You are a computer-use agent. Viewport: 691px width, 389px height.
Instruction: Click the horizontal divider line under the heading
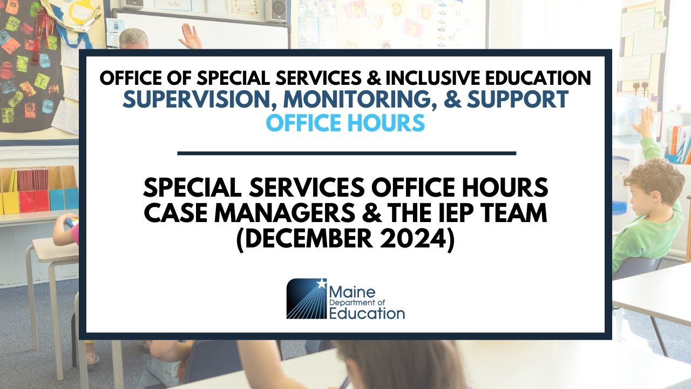pyautogui.click(x=347, y=153)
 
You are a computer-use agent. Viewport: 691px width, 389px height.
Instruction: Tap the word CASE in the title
pyautogui.click(x=176, y=214)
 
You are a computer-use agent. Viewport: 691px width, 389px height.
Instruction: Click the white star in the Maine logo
pyautogui.click(x=322, y=283)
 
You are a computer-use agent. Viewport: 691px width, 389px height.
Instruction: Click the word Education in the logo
pyautogui.click(x=367, y=313)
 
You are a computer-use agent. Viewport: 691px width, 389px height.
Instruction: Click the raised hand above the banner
pyautogui.click(x=190, y=37)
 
